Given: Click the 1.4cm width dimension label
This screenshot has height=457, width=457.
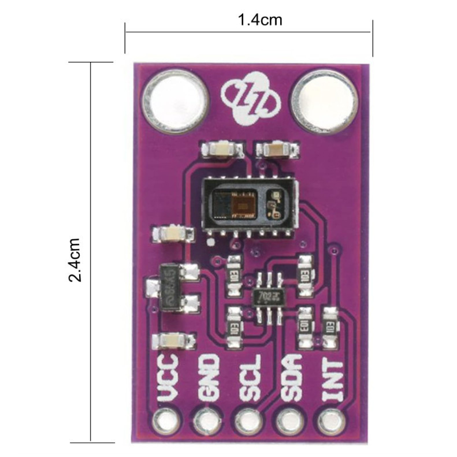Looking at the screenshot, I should (x=259, y=20).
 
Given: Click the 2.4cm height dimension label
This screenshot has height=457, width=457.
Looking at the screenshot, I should (x=77, y=259).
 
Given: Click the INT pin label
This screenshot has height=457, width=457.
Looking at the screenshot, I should (x=332, y=378).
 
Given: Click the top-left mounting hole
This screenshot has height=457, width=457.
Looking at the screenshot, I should (x=174, y=101).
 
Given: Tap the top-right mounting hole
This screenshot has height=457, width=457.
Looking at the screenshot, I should (x=324, y=101).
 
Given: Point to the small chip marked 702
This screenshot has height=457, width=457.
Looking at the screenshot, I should (x=266, y=296).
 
